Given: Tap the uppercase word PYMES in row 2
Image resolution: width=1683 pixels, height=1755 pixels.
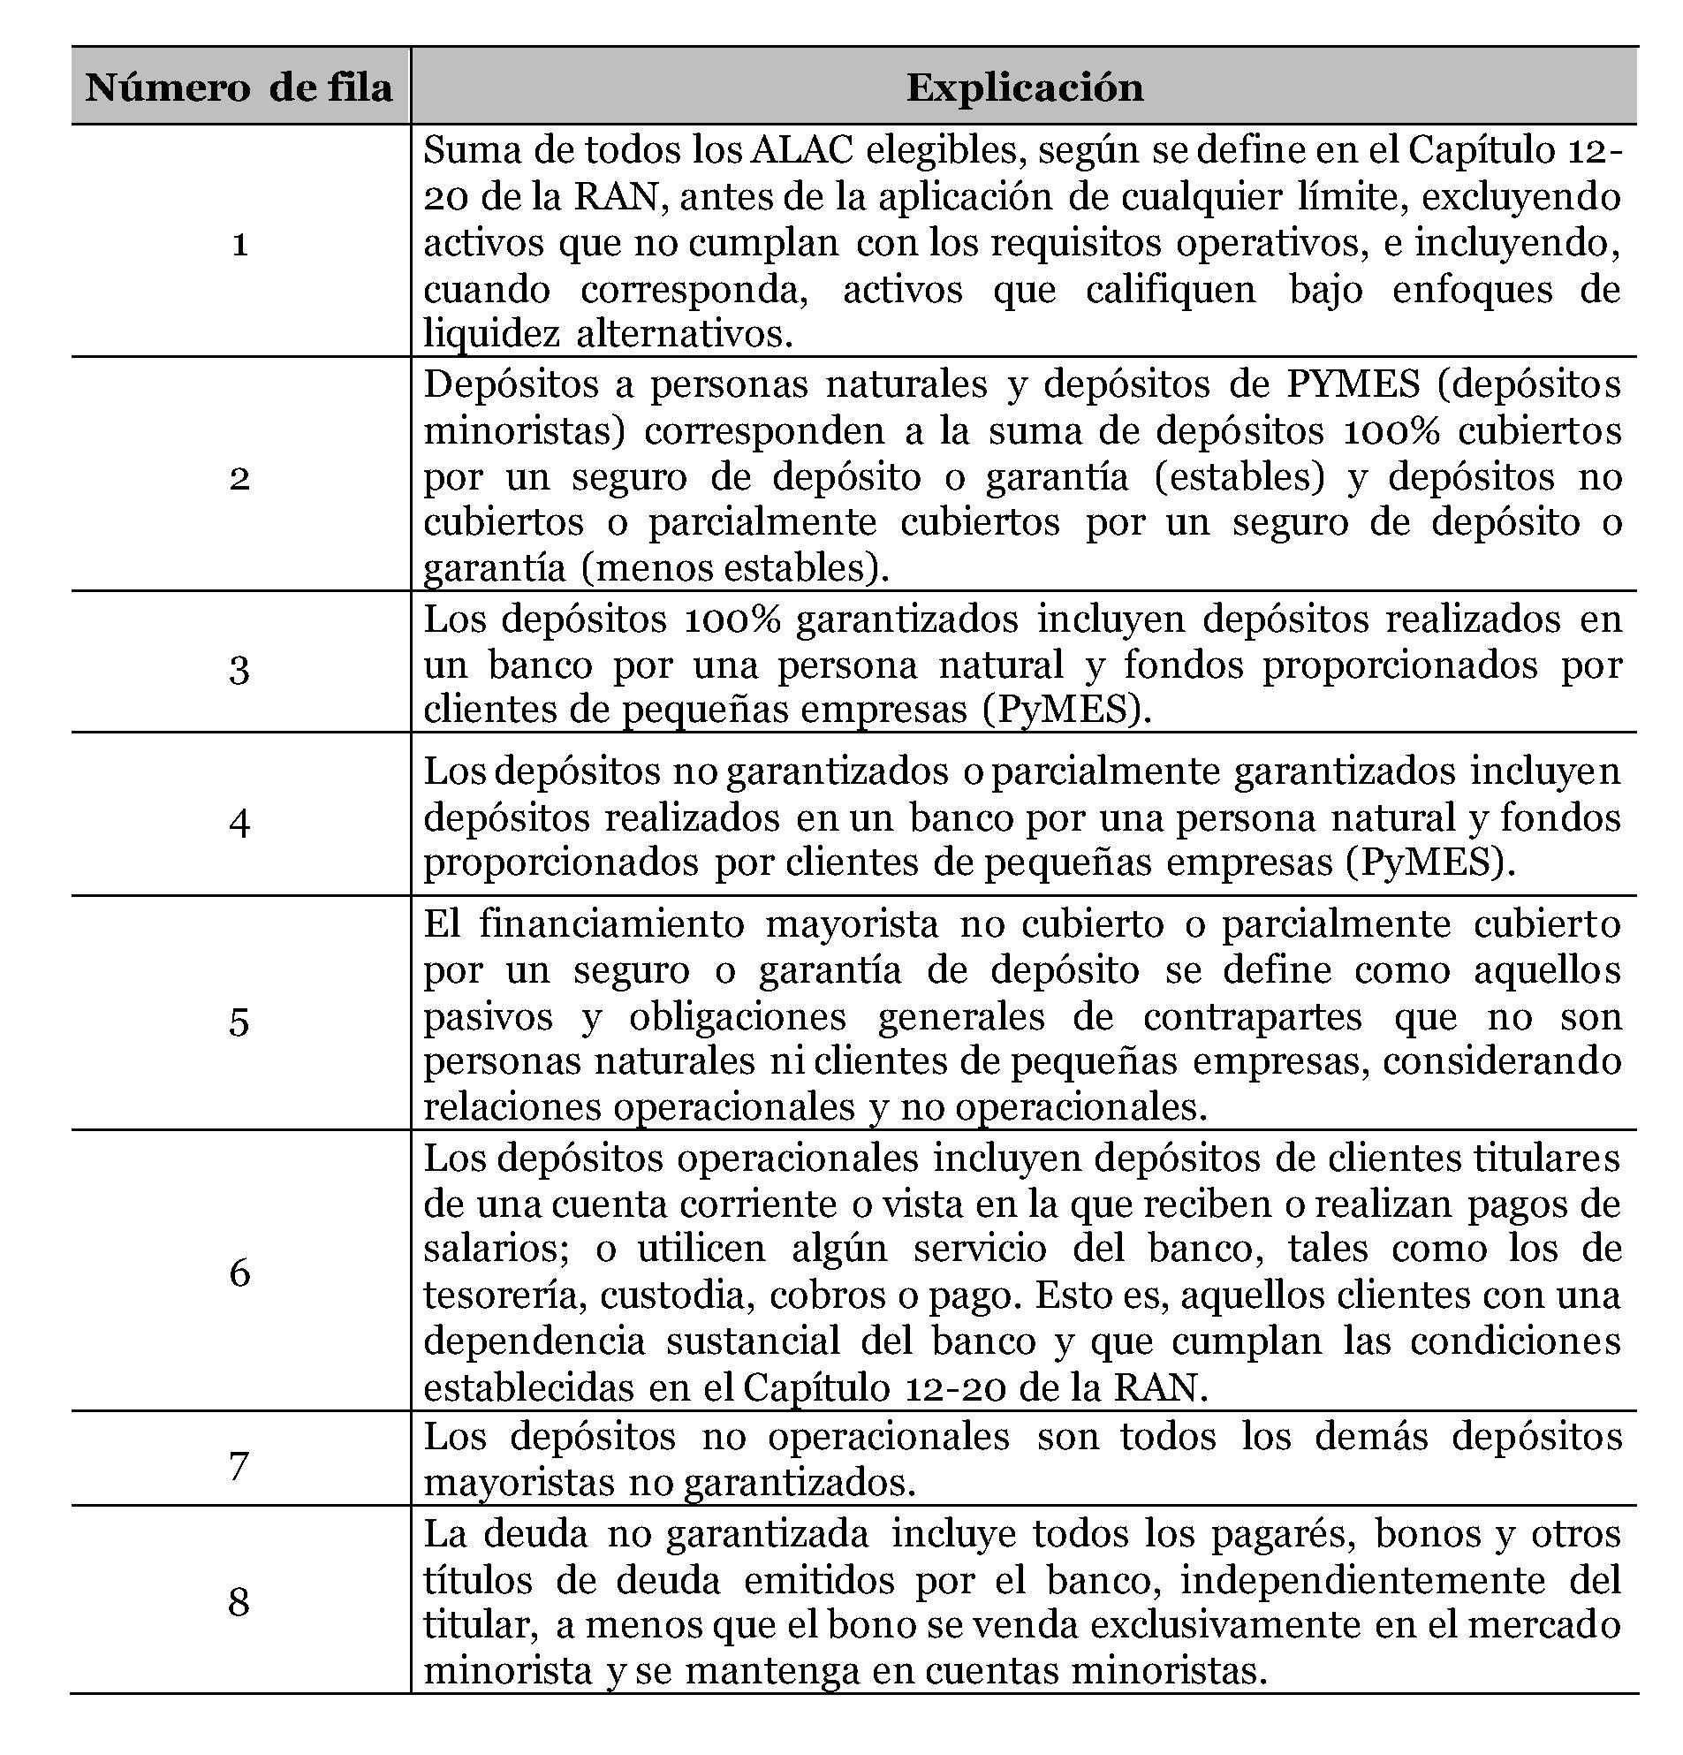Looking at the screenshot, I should point(1353,384).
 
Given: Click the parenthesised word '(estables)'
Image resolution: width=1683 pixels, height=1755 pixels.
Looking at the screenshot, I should point(1239,476).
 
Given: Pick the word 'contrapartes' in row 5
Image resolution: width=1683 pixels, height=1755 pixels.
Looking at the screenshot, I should point(1253,1016).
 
